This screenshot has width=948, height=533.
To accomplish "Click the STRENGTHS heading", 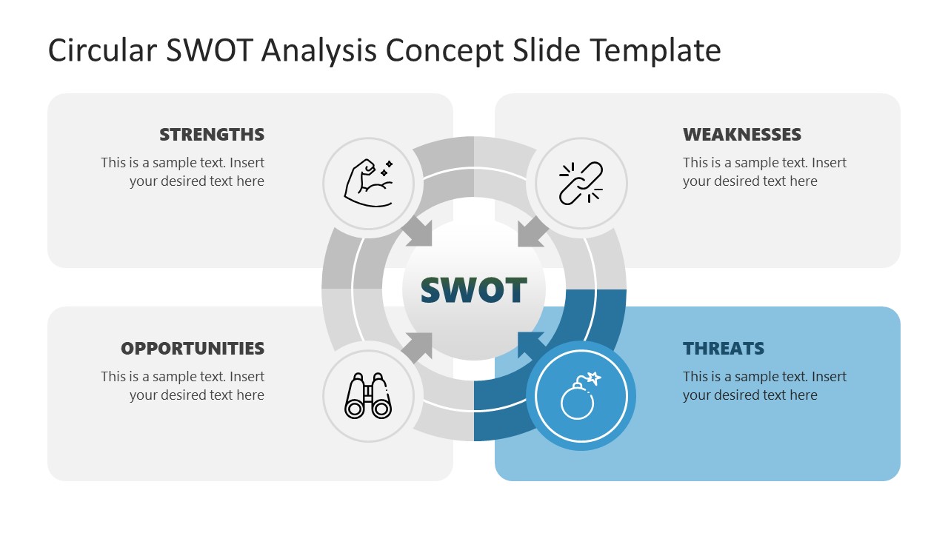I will tap(212, 135).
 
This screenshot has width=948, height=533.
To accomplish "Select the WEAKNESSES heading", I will tap(741, 135).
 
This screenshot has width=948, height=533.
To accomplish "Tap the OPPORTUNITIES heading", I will tap(193, 349).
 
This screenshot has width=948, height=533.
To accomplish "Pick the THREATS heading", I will tap(724, 349).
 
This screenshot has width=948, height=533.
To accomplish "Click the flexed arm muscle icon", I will tap(369, 183).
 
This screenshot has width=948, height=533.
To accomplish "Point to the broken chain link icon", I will tap(581, 183).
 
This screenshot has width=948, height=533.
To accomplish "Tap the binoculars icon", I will tap(368, 397).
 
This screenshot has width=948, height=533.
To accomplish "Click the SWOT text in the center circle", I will tap(474, 290).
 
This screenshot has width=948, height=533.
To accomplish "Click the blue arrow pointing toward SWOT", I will tap(530, 345).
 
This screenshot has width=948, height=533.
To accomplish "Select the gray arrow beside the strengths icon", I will tap(418, 232).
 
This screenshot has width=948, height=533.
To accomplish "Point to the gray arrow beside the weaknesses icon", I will tap(532, 232).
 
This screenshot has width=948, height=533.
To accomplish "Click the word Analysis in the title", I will tap(317, 50).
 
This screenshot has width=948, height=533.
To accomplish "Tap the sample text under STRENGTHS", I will tap(183, 172).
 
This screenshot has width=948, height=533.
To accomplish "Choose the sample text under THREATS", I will tap(764, 386).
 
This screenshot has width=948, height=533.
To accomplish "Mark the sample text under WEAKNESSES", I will tap(764, 172).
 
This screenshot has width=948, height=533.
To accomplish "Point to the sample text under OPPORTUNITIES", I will tap(183, 386).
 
